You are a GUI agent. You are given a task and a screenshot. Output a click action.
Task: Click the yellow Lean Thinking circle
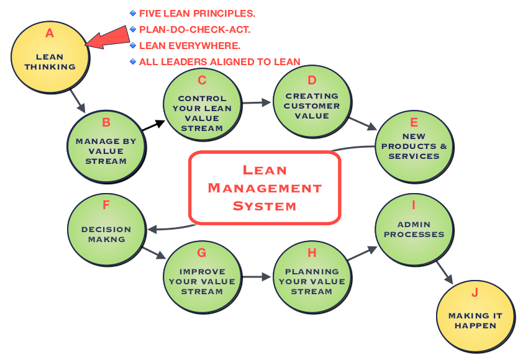coord(50,57)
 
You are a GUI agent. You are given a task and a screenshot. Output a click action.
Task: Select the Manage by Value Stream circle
coord(106,146)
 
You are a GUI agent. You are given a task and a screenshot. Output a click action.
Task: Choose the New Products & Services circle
coord(414,146)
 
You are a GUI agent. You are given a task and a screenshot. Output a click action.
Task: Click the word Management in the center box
coord(265,187)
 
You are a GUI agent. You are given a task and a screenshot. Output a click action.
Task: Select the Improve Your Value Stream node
coord(202,277)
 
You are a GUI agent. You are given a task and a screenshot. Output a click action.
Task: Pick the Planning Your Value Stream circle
coord(312,277)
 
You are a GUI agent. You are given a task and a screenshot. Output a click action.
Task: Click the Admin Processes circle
coord(414,230)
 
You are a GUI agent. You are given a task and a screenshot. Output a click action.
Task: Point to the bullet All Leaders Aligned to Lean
coord(219,61)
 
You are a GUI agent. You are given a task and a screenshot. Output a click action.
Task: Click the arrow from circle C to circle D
coord(257,102)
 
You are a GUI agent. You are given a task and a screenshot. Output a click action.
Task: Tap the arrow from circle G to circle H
coord(257,277)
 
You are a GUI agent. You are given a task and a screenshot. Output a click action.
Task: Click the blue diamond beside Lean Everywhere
coord(133,45)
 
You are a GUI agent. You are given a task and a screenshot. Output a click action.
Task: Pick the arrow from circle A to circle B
coord(78,101)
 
